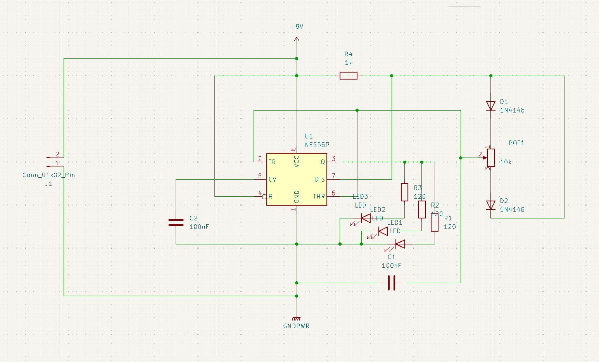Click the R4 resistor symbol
(348, 76)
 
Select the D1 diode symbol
(490, 106)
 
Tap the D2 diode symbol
(490, 205)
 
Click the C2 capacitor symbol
(176, 222)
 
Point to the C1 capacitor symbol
(392, 283)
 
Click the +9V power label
(297, 27)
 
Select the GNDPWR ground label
(297, 326)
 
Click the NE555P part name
(317, 145)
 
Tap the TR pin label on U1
(272, 162)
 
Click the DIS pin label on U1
(320, 179)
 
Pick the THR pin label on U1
(319, 196)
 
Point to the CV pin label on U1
(272, 179)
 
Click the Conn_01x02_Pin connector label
(49, 175)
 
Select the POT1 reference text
(516, 143)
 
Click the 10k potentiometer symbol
(490, 158)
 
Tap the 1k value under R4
(348, 62)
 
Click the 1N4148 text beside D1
(512, 110)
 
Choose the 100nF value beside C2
(199, 227)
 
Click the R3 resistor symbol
(404, 192)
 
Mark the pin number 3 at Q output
(333, 159)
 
